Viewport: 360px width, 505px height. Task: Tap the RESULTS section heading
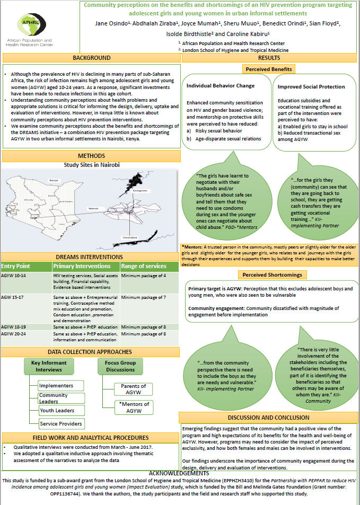click(269, 58)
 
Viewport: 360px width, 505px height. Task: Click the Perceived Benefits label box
click(268, 69)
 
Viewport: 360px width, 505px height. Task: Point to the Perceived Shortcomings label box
click(268, 275)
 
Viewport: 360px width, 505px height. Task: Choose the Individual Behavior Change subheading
click(221, 86)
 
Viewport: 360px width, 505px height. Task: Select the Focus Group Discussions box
click(120, 366)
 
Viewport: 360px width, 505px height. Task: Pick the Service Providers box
click(61, 423)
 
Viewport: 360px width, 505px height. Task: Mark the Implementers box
click(56, 385)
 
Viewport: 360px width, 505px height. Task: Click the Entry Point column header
click(16, 266)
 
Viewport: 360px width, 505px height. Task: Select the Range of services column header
click(143, 266)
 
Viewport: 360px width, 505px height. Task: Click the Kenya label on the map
click(54, 181)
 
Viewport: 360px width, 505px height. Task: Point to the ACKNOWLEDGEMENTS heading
click(180, 473)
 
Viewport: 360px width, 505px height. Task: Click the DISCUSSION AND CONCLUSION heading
click(269, 418)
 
